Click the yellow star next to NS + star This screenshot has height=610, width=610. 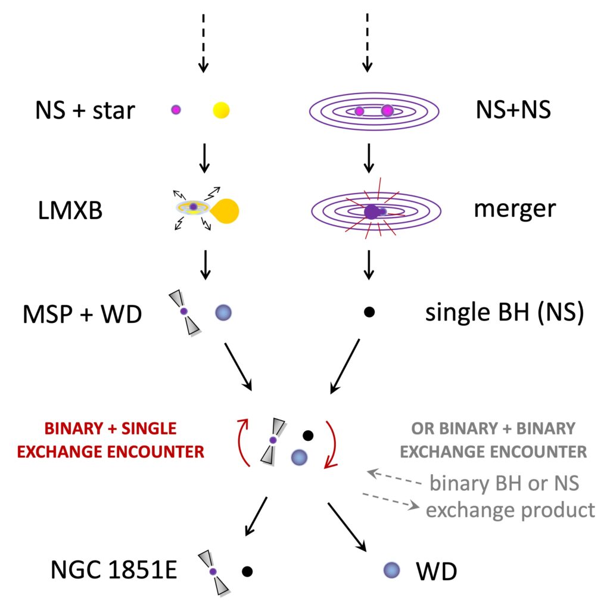(221, 110)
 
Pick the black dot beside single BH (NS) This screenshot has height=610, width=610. (369, 312)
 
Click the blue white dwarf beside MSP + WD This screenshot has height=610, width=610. (223, 312)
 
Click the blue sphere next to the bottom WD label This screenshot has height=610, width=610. (390, 571)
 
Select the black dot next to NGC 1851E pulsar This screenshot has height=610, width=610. (248, 571)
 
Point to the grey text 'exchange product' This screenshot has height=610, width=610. (510, 510)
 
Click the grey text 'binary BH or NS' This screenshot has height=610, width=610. (504, 483)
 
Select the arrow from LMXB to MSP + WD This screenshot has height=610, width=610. (204, 264)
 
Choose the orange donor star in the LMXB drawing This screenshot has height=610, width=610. (225, 209)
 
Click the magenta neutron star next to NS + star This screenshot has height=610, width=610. (176, 110)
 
